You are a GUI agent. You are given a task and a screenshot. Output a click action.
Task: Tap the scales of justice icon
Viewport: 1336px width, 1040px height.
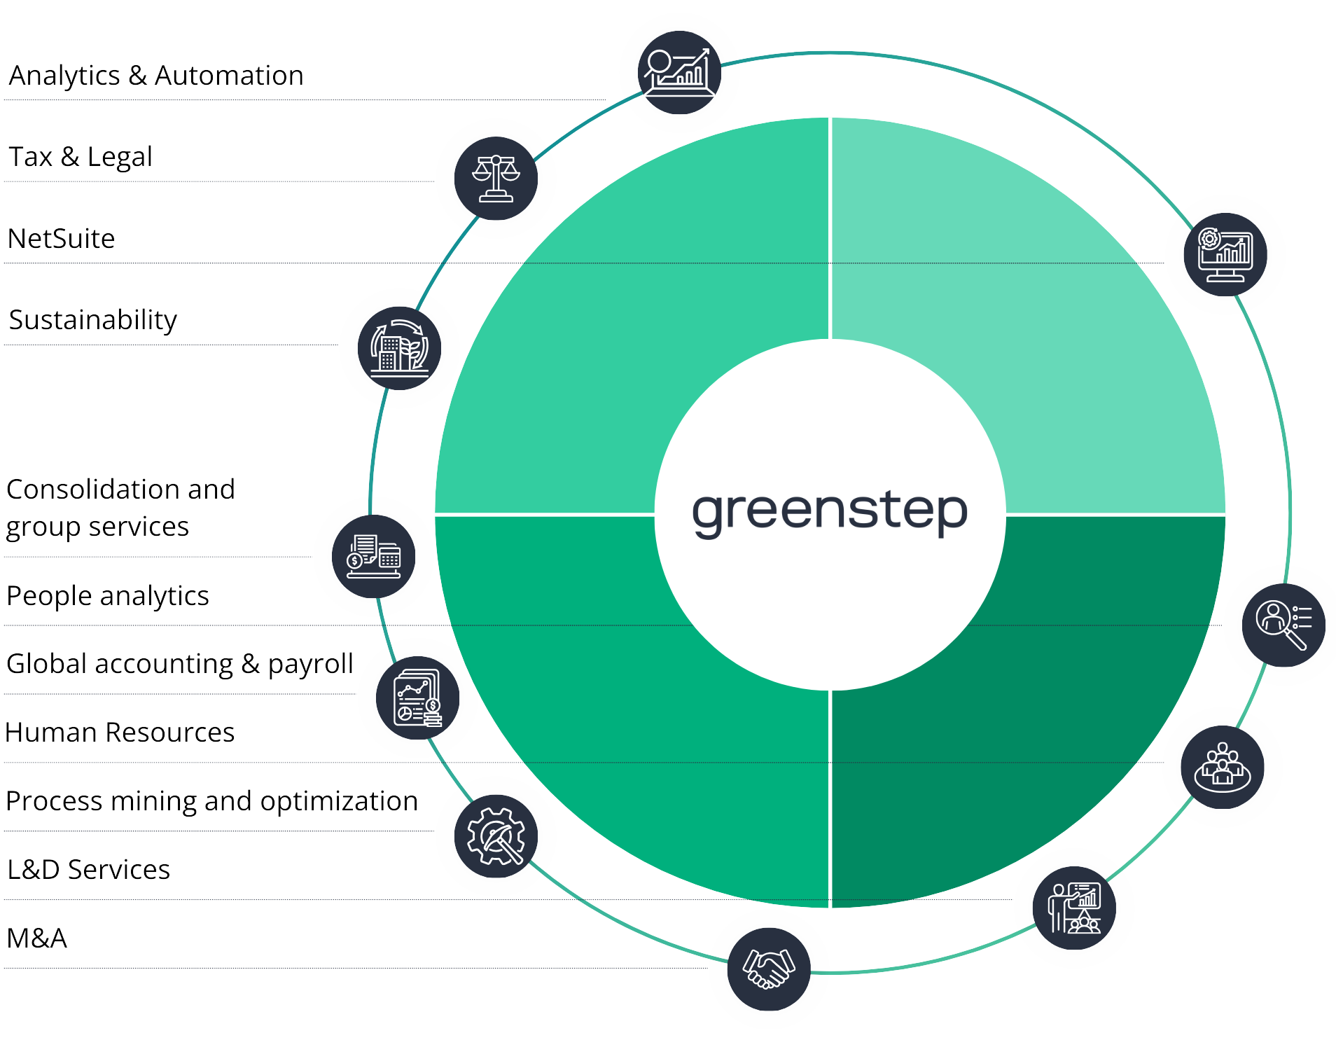pyautogui.click(x=496, y=178)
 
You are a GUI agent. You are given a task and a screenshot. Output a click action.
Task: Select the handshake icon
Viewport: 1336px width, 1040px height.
pyautogui.click(x=768, y=969)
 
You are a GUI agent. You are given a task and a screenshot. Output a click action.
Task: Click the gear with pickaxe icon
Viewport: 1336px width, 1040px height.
pyautogui.click(x=496, y=836)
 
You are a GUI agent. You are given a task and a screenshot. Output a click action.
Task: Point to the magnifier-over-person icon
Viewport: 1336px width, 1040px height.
pyautogui.click(x=1283, y=625)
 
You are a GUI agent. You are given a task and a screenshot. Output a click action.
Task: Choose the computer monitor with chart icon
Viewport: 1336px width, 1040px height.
pyautogui.click(x=1225, y=254)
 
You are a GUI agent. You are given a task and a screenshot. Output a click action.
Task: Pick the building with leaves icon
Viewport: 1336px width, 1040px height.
pyautogui.click(x=399, y=348)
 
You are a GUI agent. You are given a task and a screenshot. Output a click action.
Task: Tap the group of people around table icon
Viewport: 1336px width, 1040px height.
pyautogui.click(x=1222, y=767)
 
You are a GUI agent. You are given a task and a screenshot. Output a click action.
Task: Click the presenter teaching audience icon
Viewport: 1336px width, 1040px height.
pyautogui.click(x=1073, y=908)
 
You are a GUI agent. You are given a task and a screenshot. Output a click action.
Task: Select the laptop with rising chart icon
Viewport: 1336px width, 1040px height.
pyautogui.click(x=679, y=72)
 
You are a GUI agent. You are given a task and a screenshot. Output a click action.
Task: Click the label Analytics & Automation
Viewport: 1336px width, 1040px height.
pyautogui.click(x=156, y=76)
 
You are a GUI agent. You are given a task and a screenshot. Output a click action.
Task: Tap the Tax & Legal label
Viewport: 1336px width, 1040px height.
pyautogui.click(x=81, y=157)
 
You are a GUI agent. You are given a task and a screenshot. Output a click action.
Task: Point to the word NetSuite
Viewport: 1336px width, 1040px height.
pyautogui.click(x=62, y=239)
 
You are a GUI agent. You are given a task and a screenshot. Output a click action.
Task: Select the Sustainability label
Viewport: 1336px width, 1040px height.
pyautogui.click(x=93, y=320)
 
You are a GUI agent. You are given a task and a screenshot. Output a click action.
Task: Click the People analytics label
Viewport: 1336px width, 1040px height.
pyautogui.click(x=108, y=596)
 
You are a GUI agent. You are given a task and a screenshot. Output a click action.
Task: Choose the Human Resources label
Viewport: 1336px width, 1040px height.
pyautogui.click(x=120, y=733)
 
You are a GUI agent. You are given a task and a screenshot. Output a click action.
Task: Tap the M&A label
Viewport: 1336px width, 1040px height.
pyautogui.click(x=37, y=938)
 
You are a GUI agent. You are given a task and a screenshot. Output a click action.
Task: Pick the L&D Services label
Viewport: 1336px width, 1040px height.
pyautogui.click(x=89, y=870)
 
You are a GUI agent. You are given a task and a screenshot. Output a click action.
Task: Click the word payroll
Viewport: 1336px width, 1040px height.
pyautogui.click(x=310, y=664)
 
